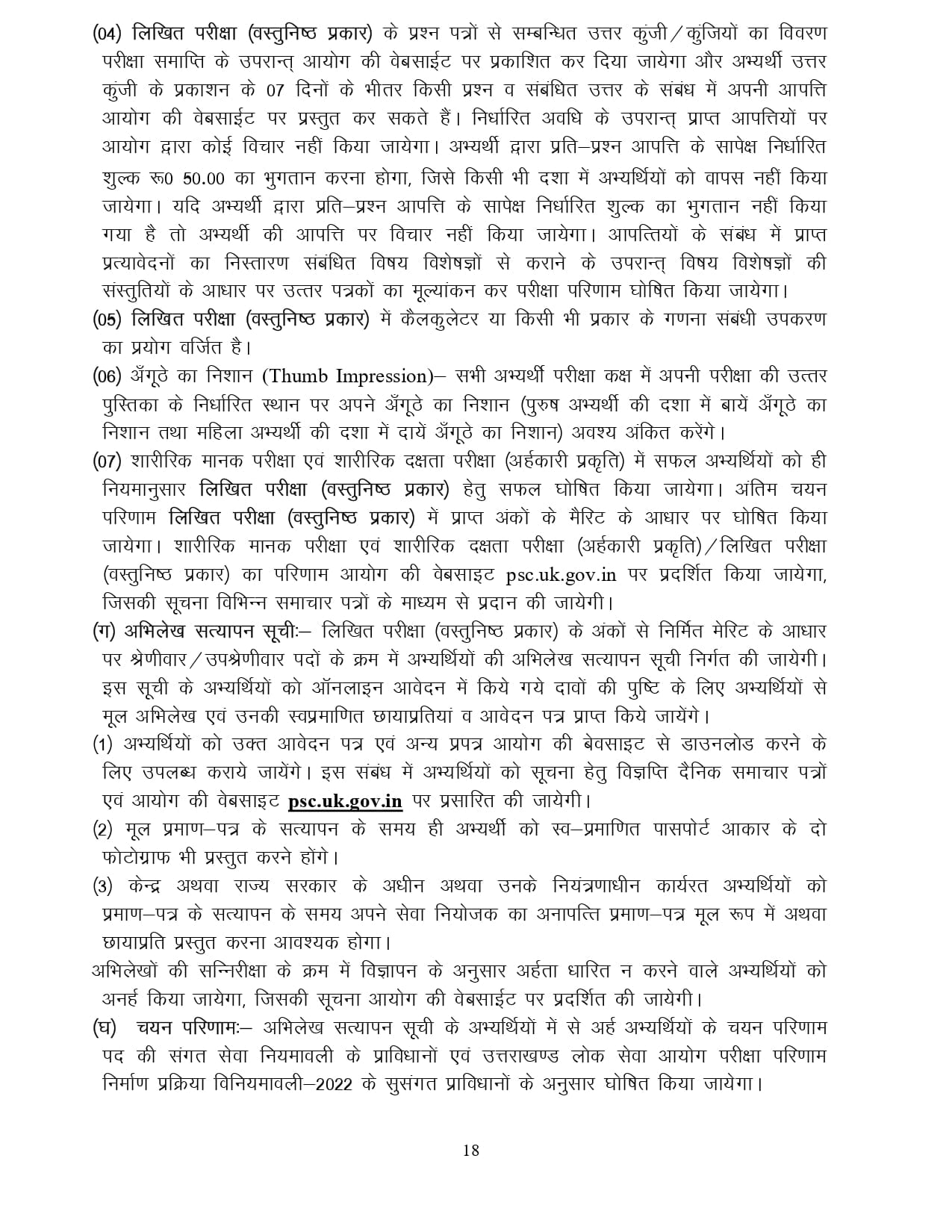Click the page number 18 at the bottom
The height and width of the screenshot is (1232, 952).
coord(470,1151)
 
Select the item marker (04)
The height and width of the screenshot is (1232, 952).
coord(108,34)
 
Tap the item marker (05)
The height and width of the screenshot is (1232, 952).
coord(108,320)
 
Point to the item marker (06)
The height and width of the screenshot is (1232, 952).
coord(108,376)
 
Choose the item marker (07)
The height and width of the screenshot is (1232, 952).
coord(108,461)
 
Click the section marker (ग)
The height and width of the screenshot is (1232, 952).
coord(102,632)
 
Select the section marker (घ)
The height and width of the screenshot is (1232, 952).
coord(104,1028)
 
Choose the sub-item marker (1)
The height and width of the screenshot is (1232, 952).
coord(102,744)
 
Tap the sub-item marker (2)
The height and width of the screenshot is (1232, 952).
coord(102,830)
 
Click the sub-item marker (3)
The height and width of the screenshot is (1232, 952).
coord(102,886)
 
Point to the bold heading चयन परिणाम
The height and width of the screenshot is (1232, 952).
coord(187,1028)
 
